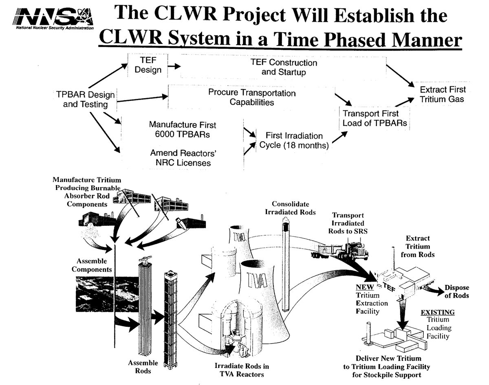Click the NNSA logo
click(53, 19)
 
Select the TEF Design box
click(148, 65)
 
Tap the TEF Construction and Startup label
click(284, 67)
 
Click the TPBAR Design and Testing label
click(86, 99)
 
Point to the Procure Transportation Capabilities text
click(252, 97)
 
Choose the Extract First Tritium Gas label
click(443, 94)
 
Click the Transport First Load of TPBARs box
click(374, 118)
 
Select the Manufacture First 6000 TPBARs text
click(183, 129)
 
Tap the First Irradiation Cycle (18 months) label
click(294, 140)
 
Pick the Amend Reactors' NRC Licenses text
click(183, 158)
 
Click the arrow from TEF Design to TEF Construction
click(174, 66)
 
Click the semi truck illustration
click(340, 250)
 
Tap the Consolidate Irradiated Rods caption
click(291, 208)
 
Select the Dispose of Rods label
click(457, 291)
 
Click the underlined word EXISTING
click(437, 312)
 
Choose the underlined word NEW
click(364, 287)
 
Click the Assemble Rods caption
click(143, 367)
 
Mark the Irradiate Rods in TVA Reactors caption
click(242, 370)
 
